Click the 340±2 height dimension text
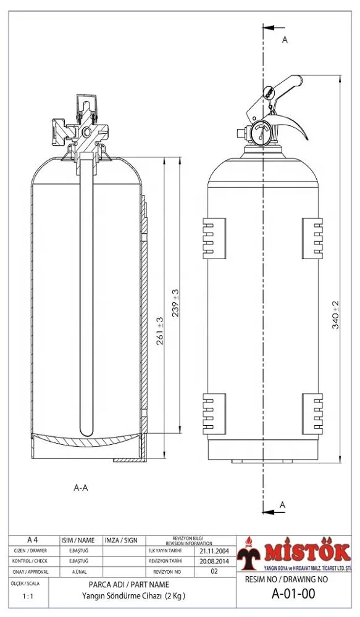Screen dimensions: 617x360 (336, 315)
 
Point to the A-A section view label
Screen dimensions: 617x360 (81, 487)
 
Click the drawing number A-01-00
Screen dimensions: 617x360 (293, 594)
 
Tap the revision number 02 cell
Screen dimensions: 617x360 (214, 572)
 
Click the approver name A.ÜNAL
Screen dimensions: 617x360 (78, 572)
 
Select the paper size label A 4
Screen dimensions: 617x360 (33, 539)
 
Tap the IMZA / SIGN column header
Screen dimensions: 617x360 (121, 539)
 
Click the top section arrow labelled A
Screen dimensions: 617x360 (274, 29)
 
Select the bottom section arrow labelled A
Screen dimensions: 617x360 (274, 511)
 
